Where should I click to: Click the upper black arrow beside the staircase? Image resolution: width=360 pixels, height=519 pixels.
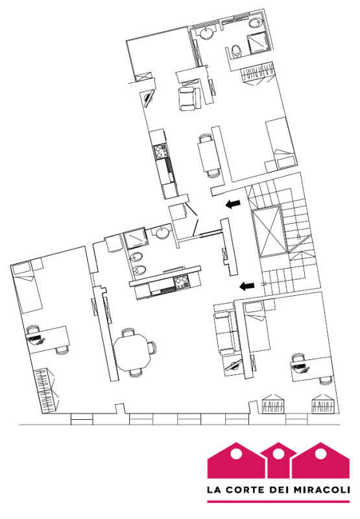pos(233,204)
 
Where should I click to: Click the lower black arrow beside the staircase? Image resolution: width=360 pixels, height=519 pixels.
pos(247,285)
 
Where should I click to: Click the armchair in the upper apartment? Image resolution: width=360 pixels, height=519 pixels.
pos(188,98)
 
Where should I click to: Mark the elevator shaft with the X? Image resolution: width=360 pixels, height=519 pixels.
pos(270,231)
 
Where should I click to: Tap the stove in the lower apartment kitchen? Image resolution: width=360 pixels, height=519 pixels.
pos(182,282)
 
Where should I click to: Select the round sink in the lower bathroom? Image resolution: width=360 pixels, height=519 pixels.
pos(162,233)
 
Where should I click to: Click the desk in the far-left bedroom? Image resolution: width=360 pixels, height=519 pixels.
pos(48,339)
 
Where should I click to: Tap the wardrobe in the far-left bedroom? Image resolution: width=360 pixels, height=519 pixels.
pos(45,390)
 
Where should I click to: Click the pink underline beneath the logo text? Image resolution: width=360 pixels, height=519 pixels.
pos(278,501)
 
